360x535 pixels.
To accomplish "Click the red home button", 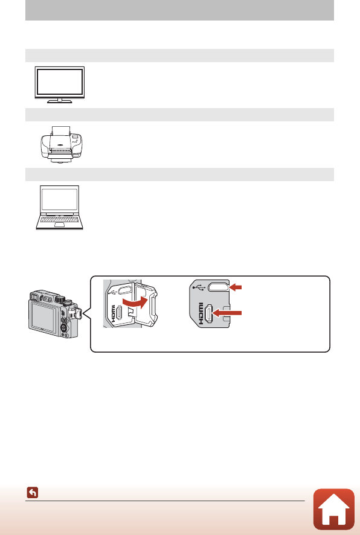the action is (x=334, y=508).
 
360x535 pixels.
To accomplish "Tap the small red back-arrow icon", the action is (x=33, y=492).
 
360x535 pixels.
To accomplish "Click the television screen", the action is (x=60, y=82).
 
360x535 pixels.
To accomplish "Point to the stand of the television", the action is (x=60, y=101).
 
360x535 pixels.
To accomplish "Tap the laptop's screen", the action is (x=60, y=200).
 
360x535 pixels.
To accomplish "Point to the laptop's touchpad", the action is (x=60, y=225).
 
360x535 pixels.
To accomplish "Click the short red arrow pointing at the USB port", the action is (x=236, y=287).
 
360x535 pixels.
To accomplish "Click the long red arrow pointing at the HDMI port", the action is (x=227, y=313).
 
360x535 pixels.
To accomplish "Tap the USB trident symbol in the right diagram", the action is (x=199, y=288).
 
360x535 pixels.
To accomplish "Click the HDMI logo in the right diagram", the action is (x=201, y=313).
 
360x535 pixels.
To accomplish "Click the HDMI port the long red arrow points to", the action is (x=208, y=313).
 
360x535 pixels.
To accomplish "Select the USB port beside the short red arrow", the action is (x=219, y=287).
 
